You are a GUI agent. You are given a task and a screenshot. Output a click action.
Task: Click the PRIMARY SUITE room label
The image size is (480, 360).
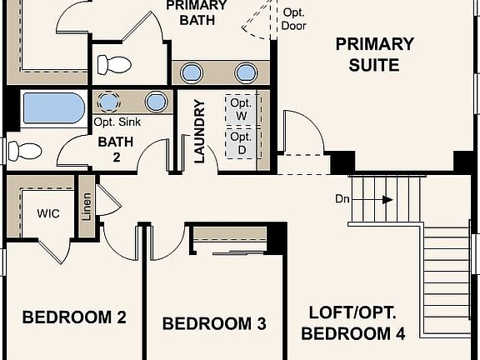[x=374, y=54]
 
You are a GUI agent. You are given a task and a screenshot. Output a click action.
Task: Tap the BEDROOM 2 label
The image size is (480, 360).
[x=74, y=317]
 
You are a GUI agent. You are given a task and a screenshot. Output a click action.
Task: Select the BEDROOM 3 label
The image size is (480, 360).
[x=214, y=324]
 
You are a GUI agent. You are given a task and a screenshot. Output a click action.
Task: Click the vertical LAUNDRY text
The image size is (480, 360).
[x=200, y=132]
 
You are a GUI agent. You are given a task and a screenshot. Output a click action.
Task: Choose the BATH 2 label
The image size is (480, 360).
[x=116, y=148]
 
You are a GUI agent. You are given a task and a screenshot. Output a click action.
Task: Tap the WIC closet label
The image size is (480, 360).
[x=48, y=212]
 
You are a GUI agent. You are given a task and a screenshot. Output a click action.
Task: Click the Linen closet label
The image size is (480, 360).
[x=87, y=206]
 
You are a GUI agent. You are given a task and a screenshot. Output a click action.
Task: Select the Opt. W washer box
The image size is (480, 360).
[x=242, y=109]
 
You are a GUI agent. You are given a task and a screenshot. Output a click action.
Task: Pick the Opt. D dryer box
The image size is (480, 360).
[x=242, y=142]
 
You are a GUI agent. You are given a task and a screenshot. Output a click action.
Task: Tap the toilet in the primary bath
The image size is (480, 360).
[x=113, y=64]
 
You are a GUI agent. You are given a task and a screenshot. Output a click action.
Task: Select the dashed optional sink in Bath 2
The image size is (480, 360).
[x=109, y=102]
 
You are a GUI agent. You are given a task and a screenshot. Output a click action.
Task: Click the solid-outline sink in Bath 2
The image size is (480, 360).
[x=156, y=102]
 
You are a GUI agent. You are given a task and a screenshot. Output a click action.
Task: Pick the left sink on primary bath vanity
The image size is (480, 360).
[x=192, y=72]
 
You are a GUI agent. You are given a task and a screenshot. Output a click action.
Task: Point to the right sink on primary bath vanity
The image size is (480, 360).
[x=246, y=72]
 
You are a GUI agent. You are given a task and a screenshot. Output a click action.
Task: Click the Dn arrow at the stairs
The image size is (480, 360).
[x=386, y=199]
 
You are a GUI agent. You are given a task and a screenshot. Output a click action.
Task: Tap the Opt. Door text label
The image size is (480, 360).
[x=294, y=19]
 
